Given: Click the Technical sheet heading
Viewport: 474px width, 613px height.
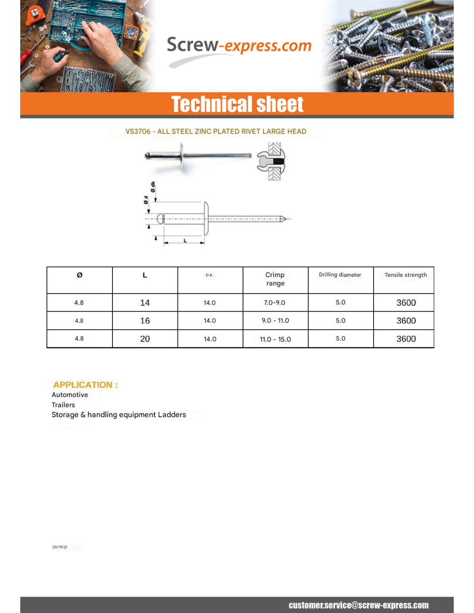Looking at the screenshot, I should click(x=237, y=104).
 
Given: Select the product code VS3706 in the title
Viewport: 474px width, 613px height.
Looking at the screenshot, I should click(x=138, y=131).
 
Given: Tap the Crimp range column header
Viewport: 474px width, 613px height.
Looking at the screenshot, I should click(x=275, y=279).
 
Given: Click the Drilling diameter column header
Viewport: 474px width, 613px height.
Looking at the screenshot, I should click(x=340, y=275).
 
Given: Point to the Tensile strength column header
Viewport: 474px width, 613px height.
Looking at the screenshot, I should click(x=405, y=275).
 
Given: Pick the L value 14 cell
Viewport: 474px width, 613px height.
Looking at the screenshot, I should click(x=145, y=303).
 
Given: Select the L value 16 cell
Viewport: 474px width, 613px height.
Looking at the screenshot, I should click(x=145, y=321).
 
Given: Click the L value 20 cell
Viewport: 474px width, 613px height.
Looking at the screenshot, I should click(x=145, y=339).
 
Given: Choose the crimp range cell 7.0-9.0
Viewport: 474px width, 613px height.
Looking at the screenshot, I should click(x=274, y=303).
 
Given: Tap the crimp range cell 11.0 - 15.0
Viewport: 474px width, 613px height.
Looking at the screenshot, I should click(x=275, y=339).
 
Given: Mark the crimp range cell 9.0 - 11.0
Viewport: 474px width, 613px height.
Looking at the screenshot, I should click(x=275, y=321).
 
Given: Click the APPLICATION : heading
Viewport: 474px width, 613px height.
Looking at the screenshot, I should click(x=85, y=385).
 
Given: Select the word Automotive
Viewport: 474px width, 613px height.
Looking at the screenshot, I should click(x=70, y=395).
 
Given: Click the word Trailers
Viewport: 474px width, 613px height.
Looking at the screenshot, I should click(x=63, y=405).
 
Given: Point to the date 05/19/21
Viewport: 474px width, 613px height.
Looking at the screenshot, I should click(x=60, y=547).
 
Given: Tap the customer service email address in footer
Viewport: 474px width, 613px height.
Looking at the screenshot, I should click(x=359, y=605).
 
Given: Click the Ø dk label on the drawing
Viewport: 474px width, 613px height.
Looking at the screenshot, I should click(x=153, y=187).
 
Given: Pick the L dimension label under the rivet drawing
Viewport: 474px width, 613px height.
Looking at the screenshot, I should click(x=185, y=241).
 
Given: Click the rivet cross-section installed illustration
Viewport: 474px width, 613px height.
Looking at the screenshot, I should click(x=271, y=162).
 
